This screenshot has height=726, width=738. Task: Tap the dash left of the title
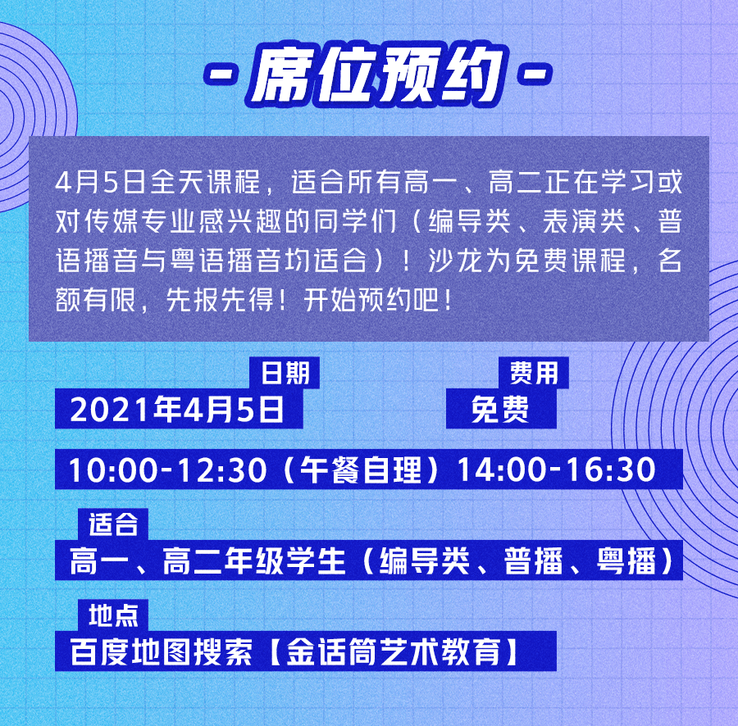(x=221, y=75)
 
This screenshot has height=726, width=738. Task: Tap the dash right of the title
(x=535, y=75)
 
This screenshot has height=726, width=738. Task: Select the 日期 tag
(x=285, y=372)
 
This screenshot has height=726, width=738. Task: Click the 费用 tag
(x=534, y=372)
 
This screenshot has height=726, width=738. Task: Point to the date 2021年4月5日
(x=177, y=409)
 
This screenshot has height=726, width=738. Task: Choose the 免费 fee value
(x=500, y=409)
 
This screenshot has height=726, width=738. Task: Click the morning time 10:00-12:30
(x=168, y=470)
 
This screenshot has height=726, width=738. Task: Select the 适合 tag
(x=113, y=524)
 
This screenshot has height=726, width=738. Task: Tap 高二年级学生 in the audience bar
(x=254, y=560)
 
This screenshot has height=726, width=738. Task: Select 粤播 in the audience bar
(x=626, y=560)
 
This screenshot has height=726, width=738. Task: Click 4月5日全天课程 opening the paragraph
(x=157, y=182)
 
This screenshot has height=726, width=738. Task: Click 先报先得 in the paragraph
(x=219, y=300)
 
